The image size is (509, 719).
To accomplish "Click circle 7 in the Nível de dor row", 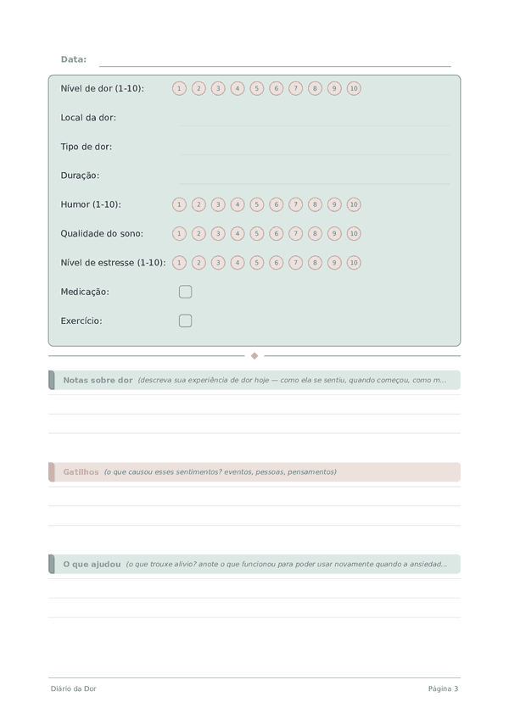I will click(295, 88).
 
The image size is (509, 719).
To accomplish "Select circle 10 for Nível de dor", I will click(354, 88).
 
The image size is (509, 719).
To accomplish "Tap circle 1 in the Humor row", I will click(179, 204).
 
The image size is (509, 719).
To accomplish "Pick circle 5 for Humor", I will click(257, 204).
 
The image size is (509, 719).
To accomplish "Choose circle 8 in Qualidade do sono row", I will click(315, 233).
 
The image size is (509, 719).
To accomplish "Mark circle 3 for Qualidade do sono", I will click(218, 233).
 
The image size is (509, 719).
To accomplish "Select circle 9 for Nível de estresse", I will click(334, 263).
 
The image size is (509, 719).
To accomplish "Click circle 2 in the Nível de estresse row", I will click(199, 263).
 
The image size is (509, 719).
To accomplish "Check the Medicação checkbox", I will click(186, 292).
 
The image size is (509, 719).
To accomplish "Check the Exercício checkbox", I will click(186, 320).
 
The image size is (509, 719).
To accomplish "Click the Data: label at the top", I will click(74, 59).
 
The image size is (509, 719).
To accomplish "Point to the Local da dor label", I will click(88, 118).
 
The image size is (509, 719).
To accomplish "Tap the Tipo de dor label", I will click(87, 147).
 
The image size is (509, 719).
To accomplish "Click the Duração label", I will click(80, 176).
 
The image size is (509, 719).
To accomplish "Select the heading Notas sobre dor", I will click(98, 380).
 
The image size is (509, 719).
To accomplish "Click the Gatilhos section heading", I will click(81, 471).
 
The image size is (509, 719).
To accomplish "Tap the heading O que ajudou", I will click(92, 564).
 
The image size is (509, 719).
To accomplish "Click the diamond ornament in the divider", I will click(255, 356).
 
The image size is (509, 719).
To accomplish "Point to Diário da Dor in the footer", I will click(73, 688).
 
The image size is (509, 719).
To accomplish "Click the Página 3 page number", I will click(443, 688).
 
